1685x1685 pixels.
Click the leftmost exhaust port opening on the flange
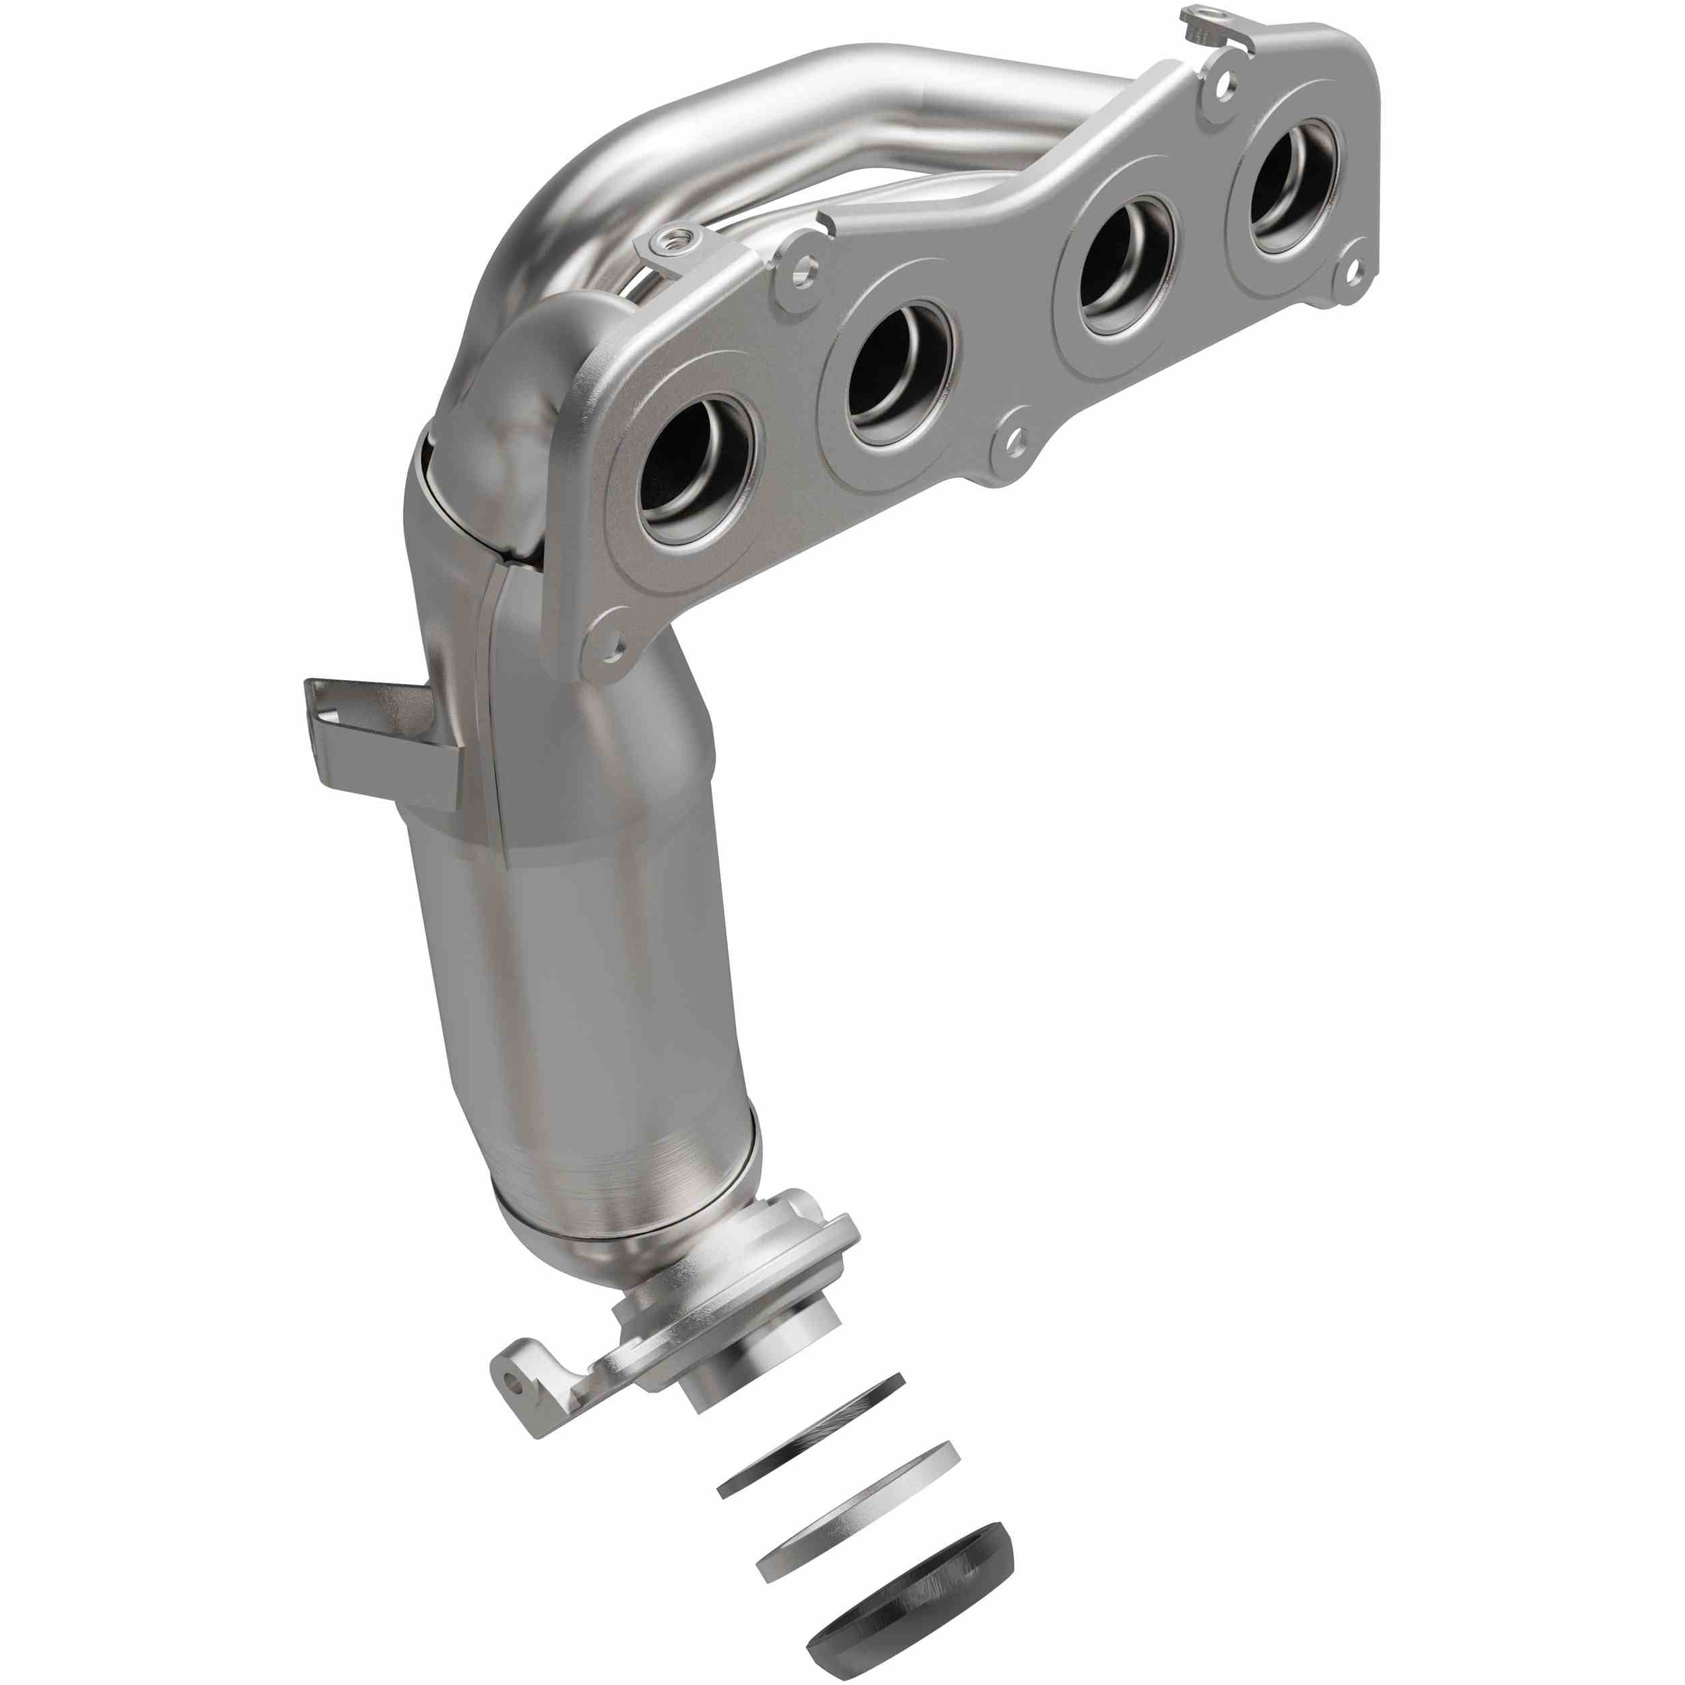click(x=694, y=471)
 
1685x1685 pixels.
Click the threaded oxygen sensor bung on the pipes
click(x=676, y=238)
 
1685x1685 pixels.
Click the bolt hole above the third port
click(x=1225, y=85)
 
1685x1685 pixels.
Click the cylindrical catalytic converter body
click(x=593, y=1003)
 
